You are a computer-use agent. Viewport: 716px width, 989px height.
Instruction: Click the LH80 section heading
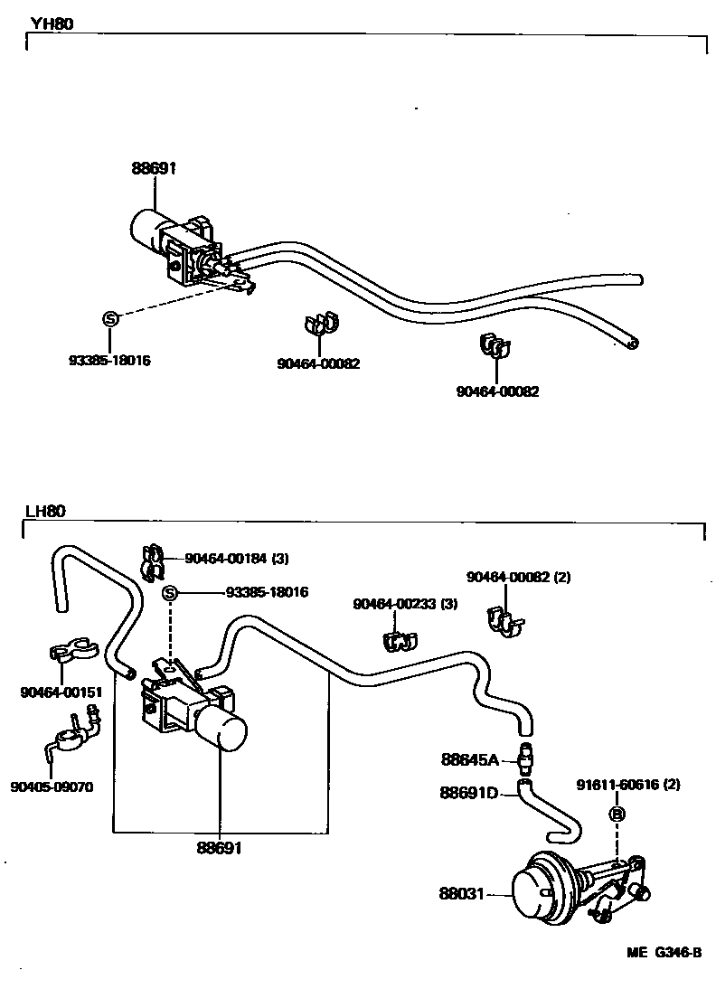[x=45, y=511]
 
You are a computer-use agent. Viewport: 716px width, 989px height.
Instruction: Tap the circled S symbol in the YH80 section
[x=109, y=318]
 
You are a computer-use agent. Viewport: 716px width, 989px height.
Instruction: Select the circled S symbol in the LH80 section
[x=170, y=593]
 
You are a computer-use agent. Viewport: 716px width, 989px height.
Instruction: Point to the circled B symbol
[x=618, y=815]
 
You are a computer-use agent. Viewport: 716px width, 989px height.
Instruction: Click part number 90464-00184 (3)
[x=236, y=559]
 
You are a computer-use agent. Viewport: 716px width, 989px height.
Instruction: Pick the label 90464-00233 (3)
[x=405, y=604]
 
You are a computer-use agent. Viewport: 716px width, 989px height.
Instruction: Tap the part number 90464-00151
[x=61, y=692]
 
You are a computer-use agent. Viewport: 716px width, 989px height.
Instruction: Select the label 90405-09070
[x=52, y=786]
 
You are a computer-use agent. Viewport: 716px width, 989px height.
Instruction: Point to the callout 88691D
[x=469, y=793]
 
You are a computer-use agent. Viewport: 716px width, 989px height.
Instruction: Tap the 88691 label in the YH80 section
[x=153, y=167]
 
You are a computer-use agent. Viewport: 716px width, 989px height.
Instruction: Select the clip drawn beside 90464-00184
[x=152, y=560]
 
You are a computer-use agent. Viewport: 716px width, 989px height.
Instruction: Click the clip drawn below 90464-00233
[x=397, y=640]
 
